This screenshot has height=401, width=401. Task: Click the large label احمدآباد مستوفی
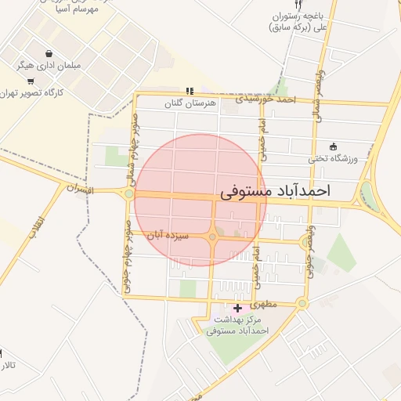click(276, 190)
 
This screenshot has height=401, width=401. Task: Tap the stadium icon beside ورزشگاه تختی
click(333, 146)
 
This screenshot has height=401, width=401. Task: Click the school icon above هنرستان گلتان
click(189, 91)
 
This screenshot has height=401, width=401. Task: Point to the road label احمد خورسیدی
click(268, 99)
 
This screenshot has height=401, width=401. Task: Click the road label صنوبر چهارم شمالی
click(135, 148)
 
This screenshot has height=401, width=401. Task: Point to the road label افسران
click(80, 190)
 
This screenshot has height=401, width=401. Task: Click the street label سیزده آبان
click(164, 234)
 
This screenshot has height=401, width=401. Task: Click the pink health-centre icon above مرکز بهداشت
click(238, 308)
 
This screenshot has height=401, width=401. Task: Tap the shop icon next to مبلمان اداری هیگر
click(50, 55)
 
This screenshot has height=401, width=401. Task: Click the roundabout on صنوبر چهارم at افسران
click(128, 193)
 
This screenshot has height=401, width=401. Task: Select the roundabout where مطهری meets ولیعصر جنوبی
click(302, 304)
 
